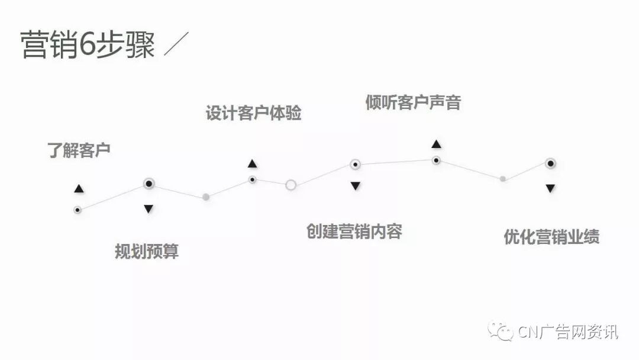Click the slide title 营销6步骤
click(88, 45)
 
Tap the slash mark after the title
click(176, 45)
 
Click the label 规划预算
click(147, 252)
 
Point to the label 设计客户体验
click(253, 113)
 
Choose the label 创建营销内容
click(354, 231)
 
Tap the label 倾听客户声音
click(413, 102)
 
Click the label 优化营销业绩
click(551, 237)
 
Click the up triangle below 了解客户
click(79, 189)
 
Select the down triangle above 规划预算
click(149, 208)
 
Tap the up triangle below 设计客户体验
click(252, 163)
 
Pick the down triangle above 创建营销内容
click(355, 186)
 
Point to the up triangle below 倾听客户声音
click(436, 144)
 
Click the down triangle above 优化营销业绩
click(550, 188)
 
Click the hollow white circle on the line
click(291, 185)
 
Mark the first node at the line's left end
click(77, 210)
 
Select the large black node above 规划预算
click(149, 184)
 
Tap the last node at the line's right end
click(550, 163)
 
